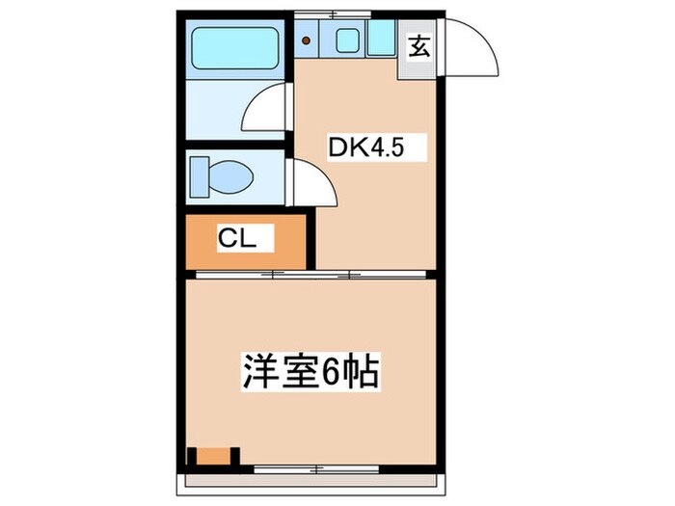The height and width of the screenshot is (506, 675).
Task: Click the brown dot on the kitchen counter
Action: click(x=307, y=40)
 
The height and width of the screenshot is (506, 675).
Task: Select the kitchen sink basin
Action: click(x=348, y=40)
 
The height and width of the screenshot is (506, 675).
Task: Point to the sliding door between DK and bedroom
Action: click(x=309, y=275)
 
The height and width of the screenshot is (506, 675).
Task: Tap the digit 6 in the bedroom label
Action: click(x=331, y=372)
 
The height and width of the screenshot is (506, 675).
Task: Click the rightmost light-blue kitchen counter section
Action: click(x=382, y=40)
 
